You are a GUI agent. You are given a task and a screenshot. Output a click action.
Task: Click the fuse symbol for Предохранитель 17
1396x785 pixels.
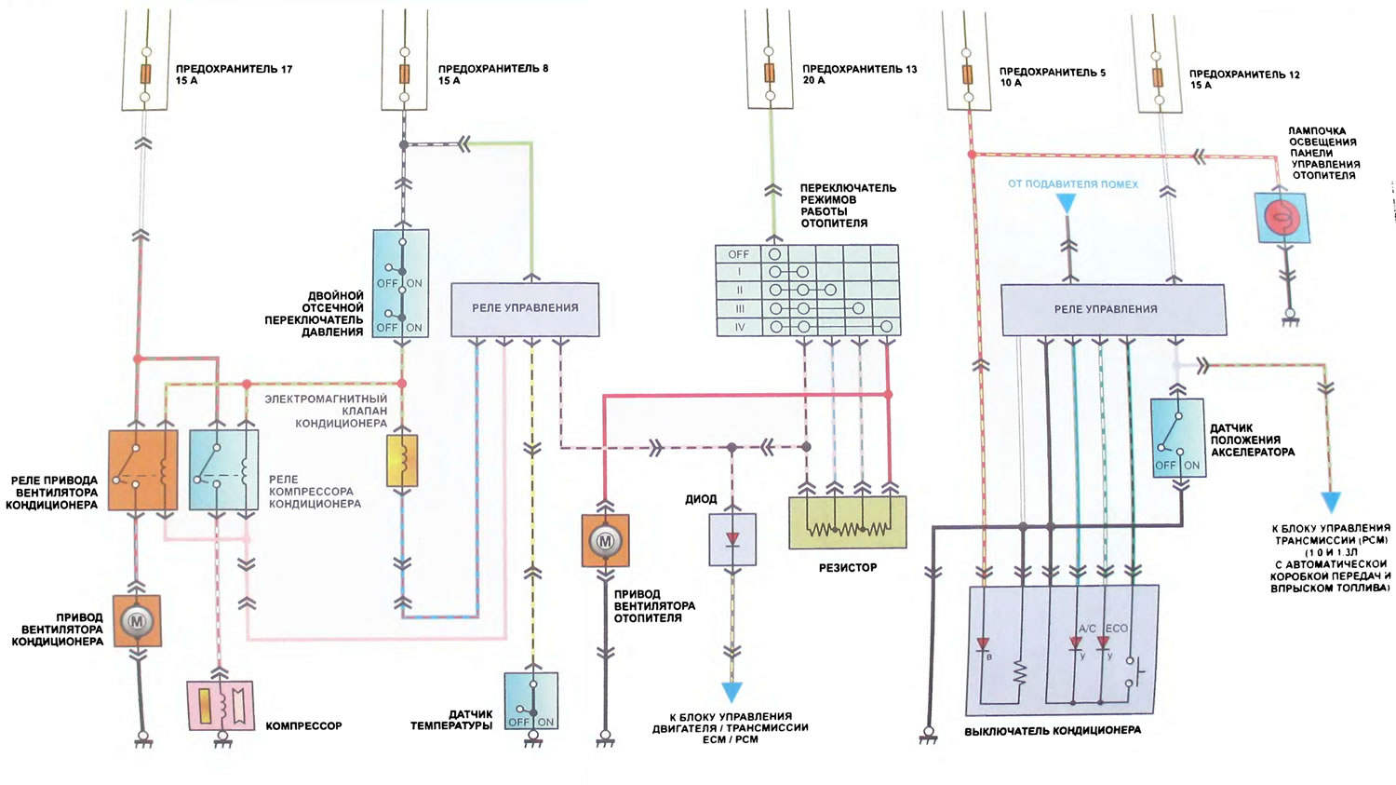(145, 74)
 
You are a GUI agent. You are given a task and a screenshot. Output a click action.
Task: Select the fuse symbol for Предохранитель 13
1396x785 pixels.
(770, 74)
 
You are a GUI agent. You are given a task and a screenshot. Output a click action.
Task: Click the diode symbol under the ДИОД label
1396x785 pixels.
(732, 539)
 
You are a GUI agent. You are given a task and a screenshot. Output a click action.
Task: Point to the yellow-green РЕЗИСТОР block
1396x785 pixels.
(848, 522)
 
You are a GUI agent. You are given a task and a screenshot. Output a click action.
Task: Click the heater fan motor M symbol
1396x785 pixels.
(605, 541)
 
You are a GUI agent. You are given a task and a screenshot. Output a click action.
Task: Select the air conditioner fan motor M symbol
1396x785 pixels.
(137, 621)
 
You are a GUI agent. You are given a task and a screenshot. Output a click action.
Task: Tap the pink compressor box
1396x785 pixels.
(220, 705)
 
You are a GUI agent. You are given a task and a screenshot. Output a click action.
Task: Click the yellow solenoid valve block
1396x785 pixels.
(402, 461)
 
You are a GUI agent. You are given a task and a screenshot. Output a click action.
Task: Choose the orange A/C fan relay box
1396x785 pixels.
(142, 470)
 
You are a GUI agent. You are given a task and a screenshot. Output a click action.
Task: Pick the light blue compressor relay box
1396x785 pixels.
(223, 470)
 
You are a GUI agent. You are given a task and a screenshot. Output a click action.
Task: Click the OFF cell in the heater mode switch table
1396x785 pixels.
(739, 254)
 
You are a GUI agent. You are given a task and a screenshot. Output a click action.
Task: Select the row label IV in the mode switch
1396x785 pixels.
(739, 327)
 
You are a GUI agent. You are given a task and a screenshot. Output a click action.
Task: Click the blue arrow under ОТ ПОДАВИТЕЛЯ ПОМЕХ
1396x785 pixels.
(1067, 204)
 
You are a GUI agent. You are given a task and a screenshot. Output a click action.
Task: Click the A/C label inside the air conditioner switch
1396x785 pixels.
(1087, 629)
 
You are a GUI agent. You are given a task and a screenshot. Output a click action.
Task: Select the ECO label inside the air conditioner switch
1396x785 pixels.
(1116, 629)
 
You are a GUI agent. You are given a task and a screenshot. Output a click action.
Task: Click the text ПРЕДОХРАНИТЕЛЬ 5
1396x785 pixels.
(1053, 73)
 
